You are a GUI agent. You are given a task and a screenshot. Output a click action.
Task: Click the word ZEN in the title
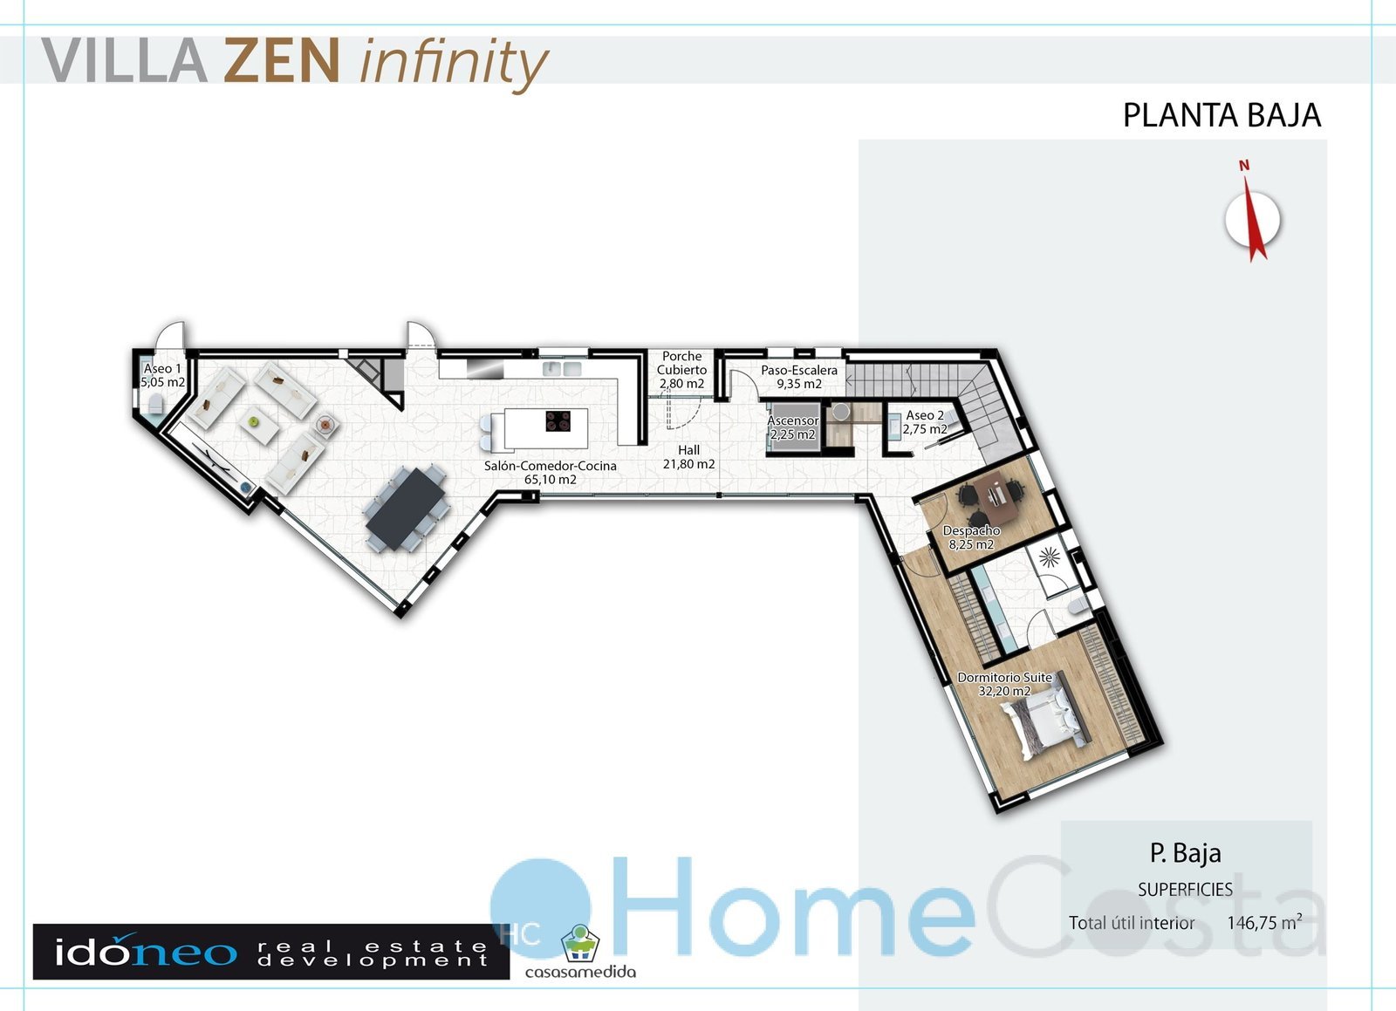[282, 60]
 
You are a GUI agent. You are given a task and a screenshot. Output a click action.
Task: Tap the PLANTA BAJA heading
[1222, 115]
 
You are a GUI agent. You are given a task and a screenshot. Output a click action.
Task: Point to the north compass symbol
[1251, 214]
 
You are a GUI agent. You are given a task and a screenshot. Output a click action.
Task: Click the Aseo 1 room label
[162, 376]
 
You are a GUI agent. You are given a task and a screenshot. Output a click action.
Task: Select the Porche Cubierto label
[681, 370]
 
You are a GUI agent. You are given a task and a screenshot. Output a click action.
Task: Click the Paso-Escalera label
[799, 377]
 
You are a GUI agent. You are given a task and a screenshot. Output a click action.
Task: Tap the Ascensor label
[793, 427]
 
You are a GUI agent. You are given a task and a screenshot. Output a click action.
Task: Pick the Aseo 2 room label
[925, 421]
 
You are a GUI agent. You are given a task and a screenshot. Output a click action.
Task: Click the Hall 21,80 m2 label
[688, 456]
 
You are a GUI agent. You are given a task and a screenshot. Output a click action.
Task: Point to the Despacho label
[971, 537]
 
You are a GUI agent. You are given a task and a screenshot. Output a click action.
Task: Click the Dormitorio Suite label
[1004, 684]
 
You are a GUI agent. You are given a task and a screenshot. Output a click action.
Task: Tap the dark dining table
[406, 509]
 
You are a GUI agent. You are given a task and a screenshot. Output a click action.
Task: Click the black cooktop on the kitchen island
[558, 421]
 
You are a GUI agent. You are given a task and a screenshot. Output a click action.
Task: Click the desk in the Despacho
[995, 496]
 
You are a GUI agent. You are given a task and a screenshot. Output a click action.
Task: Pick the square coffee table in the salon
[258, 425]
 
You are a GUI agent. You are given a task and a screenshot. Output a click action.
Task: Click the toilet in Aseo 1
[155, 405]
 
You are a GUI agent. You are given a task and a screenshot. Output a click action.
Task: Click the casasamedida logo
[580, 953]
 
